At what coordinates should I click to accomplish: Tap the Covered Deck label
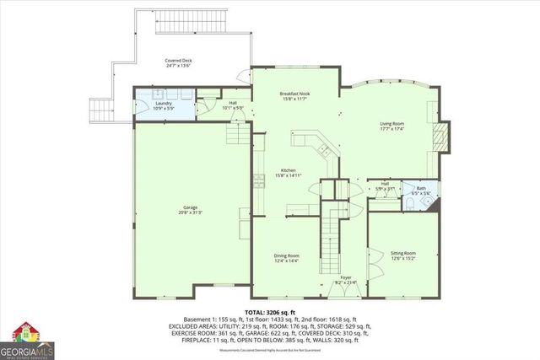[x=179, y=61]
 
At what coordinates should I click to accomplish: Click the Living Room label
[x=391, y=124]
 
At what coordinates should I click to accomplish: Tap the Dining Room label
[x=286, y=255]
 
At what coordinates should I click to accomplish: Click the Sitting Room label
[x=402, y=253]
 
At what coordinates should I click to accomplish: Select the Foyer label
[x=345, y=277]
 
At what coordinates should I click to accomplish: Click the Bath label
[x=420, y=189]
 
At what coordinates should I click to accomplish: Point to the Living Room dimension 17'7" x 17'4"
[x=391, y=129]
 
